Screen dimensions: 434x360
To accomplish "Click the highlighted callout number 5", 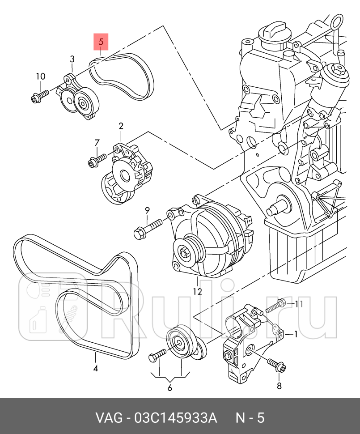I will [101, 43].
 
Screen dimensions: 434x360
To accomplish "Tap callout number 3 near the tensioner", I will [72, 59].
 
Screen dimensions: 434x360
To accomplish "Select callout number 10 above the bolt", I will [41, 76].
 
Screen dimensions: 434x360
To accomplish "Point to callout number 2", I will [121, 126].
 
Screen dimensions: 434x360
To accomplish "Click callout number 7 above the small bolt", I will [97, 143].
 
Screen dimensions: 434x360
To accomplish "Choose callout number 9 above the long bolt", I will [145, 210].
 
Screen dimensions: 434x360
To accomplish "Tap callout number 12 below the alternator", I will [197, 292].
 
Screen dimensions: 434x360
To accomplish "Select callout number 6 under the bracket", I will [169, 387].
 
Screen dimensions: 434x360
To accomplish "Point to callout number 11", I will [299, 304].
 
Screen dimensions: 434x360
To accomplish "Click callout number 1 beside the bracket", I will [295, 334].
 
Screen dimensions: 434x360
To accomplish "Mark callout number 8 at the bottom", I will [279, 386].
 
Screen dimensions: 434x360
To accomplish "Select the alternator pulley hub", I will [186, 252].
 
